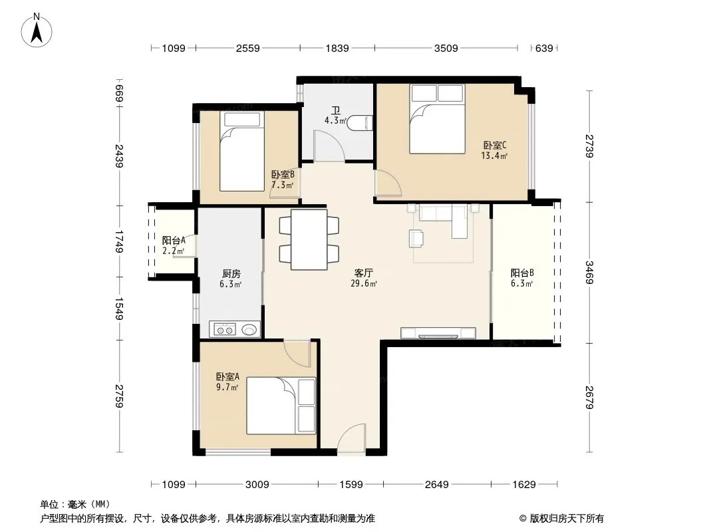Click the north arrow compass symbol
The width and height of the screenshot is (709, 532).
37,31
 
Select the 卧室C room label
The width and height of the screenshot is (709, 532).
495,146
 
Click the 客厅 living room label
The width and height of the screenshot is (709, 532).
364,273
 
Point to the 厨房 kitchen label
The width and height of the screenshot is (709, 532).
231,273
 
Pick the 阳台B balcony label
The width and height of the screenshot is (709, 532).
522,273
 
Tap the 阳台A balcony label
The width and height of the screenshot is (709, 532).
174,241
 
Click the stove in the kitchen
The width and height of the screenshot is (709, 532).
225,329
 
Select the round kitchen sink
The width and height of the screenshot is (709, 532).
249,329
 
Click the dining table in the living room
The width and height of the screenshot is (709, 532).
309,239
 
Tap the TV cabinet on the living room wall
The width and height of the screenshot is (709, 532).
438,333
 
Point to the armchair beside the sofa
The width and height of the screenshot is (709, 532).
416,238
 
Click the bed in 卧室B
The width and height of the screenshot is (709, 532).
242,152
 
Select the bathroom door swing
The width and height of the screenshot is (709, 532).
329,146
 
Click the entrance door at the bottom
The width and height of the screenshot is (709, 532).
351,437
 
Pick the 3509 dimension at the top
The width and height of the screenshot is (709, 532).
446,49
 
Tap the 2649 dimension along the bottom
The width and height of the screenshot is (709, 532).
437,485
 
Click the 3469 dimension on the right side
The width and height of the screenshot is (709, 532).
589,273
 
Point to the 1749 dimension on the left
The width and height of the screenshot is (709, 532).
119,241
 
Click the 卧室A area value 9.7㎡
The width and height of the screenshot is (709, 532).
227,387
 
